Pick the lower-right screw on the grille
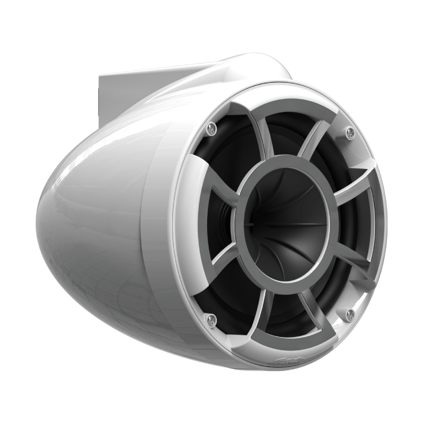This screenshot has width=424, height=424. [x=350, y=315]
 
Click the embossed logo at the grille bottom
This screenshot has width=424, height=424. [x=287, y=362]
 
